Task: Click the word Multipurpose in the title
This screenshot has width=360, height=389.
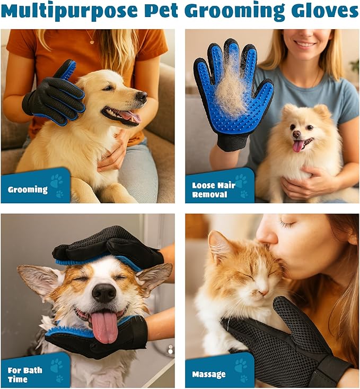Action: [x=69, y=11]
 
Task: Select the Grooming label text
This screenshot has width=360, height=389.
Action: [x=28, y=190]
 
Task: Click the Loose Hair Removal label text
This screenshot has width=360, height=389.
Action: [x=214, y=190]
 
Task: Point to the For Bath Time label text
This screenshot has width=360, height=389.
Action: [x=25, y=375]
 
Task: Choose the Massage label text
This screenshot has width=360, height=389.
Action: [x=209, y=374]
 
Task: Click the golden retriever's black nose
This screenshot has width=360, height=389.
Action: [x=142, y=97]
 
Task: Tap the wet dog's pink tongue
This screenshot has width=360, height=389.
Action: [x=104, y=327]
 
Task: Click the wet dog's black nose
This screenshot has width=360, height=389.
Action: [x=104, y=293]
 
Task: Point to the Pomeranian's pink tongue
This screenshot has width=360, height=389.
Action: [x=298, y=146]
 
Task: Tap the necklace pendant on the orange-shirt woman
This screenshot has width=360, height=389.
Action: [x=92, y=41]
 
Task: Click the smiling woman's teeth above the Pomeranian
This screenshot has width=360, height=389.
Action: [x=306, y=44]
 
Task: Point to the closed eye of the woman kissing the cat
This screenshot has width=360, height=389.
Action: [x=287, y=223]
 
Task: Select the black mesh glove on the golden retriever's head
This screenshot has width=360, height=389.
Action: [x=55, y=94]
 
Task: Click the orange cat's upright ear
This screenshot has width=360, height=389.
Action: [x=218, y=246]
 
